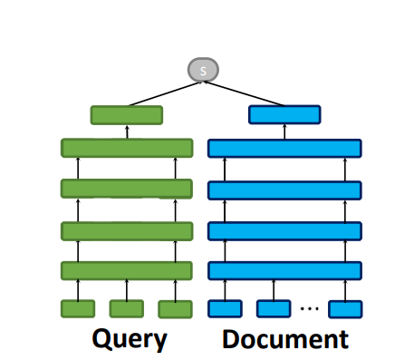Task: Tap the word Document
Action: tap(285, 339)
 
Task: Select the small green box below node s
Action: tap(127, 115)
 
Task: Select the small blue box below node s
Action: tap(284, 115)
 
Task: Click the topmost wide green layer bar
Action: tap(127, 147)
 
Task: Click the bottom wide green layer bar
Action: tap(127, 270)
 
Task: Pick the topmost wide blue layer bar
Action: tap(284, 147)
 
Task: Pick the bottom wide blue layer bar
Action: tap(284, 270)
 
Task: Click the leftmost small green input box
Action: tap(78, 309)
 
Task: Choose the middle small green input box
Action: tap(126, 309)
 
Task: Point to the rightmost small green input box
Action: tap(175, 309)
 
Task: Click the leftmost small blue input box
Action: tap(225, 309)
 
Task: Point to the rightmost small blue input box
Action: tap(345, 309)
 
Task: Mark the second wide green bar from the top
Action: tap(127, 189)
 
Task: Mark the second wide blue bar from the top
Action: tap(284, 189)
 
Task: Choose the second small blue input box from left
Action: tap(273, 309)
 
